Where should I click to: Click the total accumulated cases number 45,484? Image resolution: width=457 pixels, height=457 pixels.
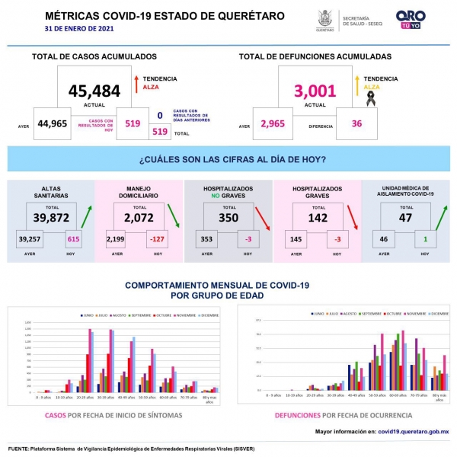point(94,91)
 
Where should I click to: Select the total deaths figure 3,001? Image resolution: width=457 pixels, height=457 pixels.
point(315,91)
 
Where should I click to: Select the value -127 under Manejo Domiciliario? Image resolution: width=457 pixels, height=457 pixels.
point(158,238)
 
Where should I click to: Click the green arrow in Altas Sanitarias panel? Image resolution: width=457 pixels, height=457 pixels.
point(89,217)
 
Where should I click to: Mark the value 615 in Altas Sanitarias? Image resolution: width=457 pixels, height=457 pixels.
point(73,238)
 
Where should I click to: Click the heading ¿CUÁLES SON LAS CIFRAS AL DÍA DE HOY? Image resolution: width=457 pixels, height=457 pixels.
point(233,159)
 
